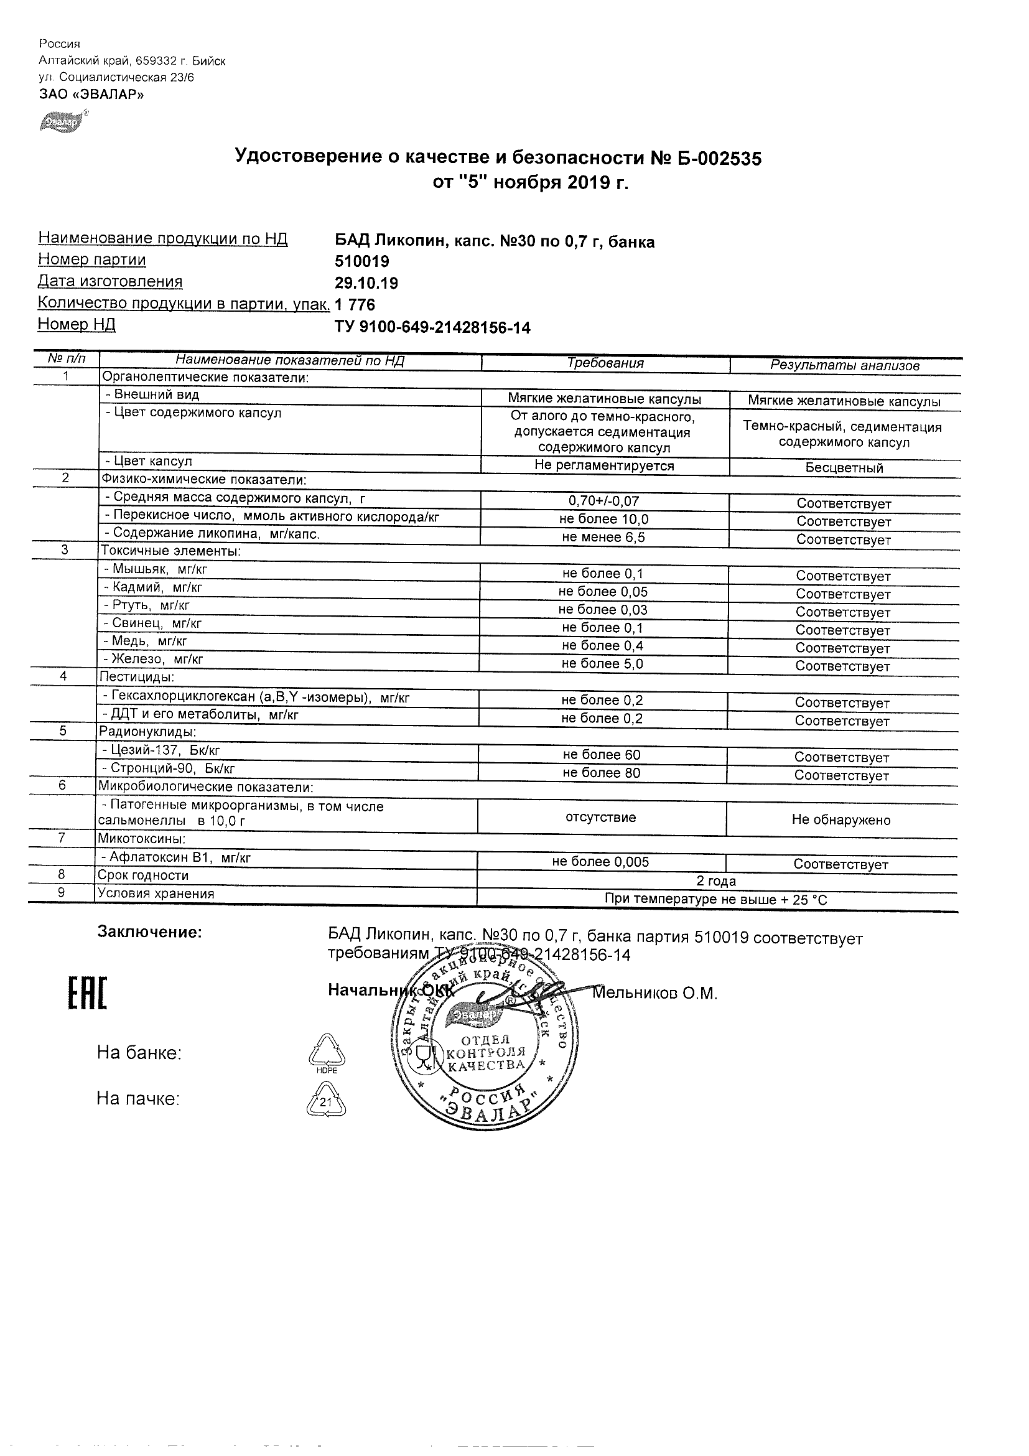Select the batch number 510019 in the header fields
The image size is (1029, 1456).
point(362,261)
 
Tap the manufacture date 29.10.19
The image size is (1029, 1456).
point(366,283)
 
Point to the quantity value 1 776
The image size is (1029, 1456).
point(355,305)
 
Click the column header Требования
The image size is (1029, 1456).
point(605,363)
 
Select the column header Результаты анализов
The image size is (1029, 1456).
point(844,365)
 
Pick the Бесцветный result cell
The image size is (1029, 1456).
point(844,468)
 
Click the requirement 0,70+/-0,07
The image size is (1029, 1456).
point(603,501)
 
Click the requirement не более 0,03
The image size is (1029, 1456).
point(602,609)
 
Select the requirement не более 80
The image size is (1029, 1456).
point(601,772)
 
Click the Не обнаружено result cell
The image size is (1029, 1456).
point(840,820)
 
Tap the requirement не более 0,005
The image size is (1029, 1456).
point(600,862)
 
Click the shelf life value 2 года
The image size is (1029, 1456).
point(716,881)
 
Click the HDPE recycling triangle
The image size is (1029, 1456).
point(327,1052)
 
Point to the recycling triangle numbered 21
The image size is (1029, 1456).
point(327,1101)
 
